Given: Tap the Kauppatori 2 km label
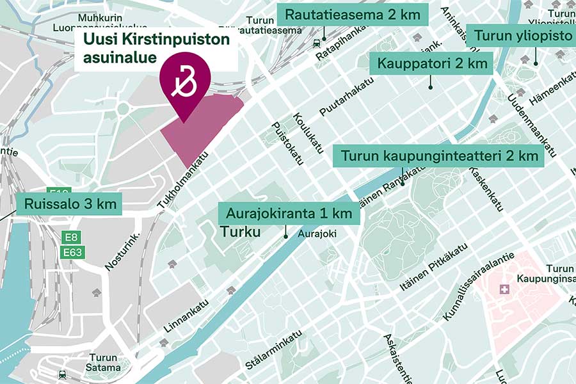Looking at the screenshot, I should tap(431, 63).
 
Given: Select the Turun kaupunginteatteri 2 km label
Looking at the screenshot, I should tap(438, 156).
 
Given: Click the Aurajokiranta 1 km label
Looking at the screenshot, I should tap(289, 212).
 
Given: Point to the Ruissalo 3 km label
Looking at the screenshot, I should tap(70, 204).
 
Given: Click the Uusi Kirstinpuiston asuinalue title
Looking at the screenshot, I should tap(156, 49).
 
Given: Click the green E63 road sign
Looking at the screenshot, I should tap(72, 253).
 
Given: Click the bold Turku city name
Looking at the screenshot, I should tap(241, 232).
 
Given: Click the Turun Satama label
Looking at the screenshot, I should tap(104, 362).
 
